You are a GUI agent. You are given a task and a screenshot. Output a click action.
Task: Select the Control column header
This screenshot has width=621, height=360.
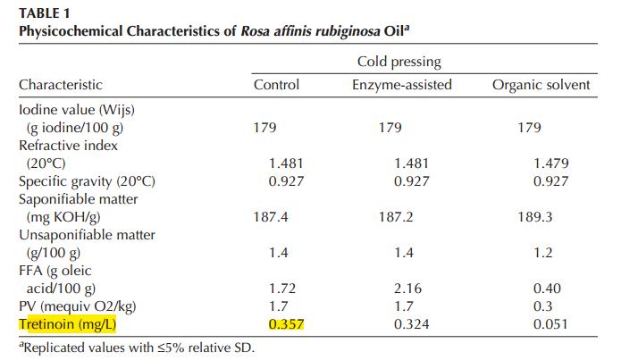click(276, 86)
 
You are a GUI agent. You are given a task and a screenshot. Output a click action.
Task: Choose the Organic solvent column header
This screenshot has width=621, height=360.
click(541, 86)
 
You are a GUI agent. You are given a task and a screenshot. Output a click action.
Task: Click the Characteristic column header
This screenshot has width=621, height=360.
click(60, 86)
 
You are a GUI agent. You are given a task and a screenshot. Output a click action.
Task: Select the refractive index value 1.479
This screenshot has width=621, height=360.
click(550, 163)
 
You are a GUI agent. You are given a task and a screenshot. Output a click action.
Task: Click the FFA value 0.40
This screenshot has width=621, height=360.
click(550, 289)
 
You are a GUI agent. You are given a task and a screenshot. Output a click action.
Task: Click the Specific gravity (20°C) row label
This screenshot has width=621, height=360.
click(87, 181)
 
